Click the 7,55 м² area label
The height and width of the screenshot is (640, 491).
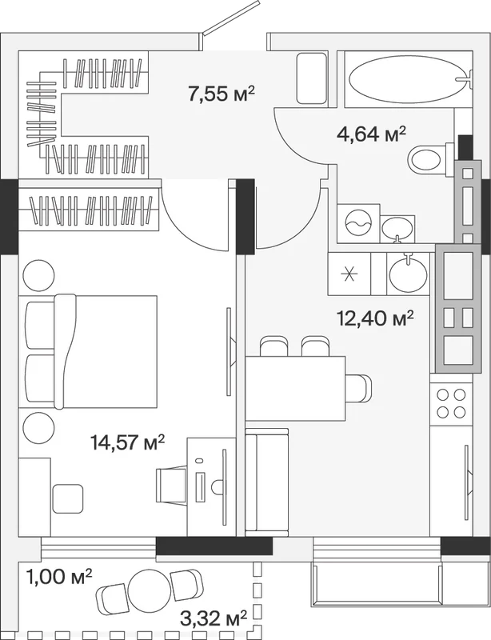(222, 94)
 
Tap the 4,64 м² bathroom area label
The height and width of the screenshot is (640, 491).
(371, 134)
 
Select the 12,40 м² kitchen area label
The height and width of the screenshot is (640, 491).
(376, 318)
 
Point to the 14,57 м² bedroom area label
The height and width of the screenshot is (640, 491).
(128, 442)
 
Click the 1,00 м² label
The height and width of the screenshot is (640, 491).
(59, 577)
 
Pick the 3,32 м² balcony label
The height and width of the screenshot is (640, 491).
(214, 618)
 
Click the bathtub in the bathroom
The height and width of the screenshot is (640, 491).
(408, 79)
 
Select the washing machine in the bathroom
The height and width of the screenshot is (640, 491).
(358, 224)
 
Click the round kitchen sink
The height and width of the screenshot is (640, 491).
(408, 273)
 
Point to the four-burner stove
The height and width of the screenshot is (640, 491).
(451, 403)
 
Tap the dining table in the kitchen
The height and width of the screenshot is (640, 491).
(295, 388)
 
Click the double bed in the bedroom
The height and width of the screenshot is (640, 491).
(88, 351)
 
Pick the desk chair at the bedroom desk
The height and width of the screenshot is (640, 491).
(171, 485)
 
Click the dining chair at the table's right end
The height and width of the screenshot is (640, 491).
(359, 388)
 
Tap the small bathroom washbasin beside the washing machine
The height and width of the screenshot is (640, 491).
(397, 230)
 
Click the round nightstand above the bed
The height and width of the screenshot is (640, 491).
(38, 275)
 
